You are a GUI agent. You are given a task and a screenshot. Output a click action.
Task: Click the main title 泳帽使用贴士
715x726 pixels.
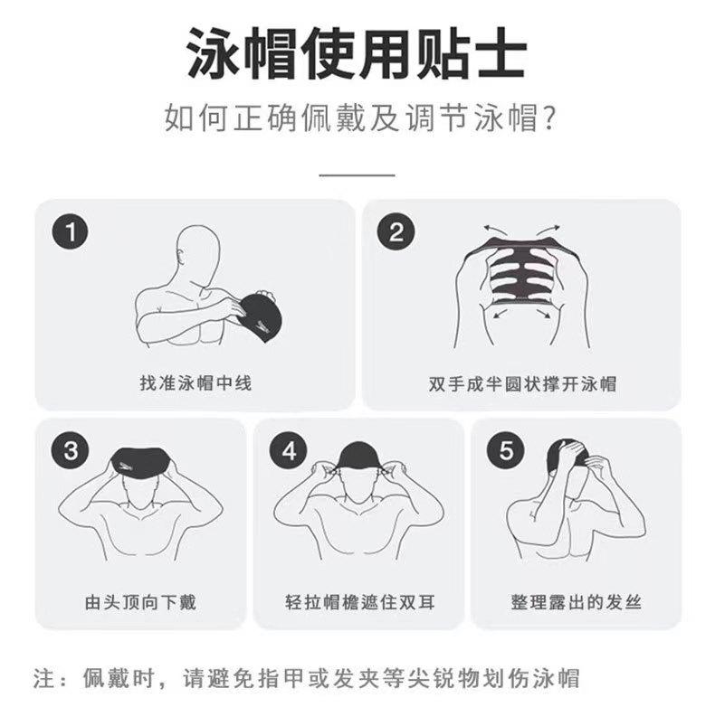tap(357, 52)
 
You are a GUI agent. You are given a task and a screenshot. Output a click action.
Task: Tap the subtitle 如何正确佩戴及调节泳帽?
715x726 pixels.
tap(360, 118)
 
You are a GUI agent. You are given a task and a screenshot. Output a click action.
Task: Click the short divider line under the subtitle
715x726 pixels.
tap(357, 175)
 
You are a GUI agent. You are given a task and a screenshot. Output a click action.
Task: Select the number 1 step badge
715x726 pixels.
tap(71, 231)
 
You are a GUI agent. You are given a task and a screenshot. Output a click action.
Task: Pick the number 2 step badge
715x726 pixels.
tap(396, 231)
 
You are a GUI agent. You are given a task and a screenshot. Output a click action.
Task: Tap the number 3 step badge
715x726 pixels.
tap(70, 450)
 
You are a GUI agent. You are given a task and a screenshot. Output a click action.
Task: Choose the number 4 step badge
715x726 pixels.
tap(289, 450)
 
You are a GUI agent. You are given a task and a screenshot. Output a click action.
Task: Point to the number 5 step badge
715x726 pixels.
tap(506, 450)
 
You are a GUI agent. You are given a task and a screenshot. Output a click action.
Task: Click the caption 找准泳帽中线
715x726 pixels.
tap(195, 383)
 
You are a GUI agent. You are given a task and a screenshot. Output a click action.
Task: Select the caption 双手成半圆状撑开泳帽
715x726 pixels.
tap(522, 384)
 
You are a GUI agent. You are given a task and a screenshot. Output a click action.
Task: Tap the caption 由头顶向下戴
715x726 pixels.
tap(140, 602)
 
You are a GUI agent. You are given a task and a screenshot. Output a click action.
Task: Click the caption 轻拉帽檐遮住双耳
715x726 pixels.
tap(359, 602)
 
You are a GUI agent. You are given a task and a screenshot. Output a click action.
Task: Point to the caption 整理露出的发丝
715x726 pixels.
tap(576, 602)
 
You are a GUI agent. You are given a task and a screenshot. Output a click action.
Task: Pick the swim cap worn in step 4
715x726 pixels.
tap(359, 456)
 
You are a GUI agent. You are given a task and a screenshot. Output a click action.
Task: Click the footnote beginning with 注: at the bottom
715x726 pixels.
tap(306, 678)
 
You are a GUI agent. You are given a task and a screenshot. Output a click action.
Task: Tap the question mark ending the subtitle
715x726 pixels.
tap(548, 118)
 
